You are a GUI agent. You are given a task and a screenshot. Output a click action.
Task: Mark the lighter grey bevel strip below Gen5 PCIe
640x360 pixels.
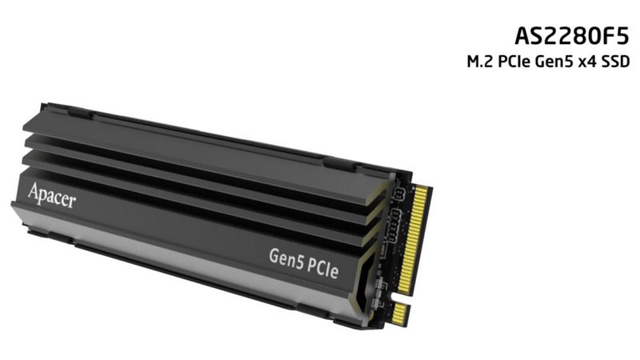200,264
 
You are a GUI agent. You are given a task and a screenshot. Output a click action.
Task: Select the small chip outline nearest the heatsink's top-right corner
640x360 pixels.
397,194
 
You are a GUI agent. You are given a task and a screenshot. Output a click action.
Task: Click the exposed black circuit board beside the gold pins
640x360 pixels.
398,240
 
